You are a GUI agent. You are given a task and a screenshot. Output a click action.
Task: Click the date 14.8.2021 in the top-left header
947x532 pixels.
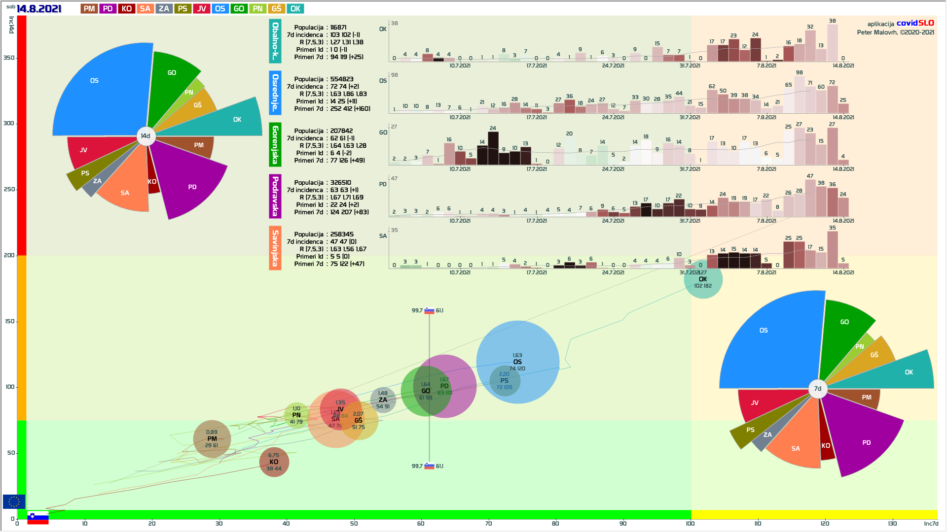pyautogui.click(x=39, y=9)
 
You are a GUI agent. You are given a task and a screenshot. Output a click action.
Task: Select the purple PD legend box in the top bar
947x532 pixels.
pyautogui.click(x=108, y=9)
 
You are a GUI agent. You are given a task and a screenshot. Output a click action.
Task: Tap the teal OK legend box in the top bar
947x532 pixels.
pyautogui.click(x=295, y=9)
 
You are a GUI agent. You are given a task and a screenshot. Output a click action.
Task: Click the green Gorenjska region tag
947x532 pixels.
pyautogui.click(x=275, y=144)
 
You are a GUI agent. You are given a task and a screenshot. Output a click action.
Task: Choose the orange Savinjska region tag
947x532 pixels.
pyautogui.click(x=275, y=248)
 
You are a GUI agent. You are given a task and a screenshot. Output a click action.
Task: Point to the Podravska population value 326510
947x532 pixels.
pyautogui.click(x=341, y=183)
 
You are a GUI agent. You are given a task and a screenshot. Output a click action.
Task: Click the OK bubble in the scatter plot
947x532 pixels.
pyautogui.click(x=703, y=279)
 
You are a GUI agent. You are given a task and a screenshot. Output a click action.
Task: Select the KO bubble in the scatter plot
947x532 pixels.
pyautogui.click(x=274, y=462)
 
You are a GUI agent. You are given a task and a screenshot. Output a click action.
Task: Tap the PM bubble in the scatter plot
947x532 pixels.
pyautogui.click(x=212, y=439)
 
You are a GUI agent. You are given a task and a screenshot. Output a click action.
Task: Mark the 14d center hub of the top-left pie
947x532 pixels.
pyautogui.click(x=146, y=136)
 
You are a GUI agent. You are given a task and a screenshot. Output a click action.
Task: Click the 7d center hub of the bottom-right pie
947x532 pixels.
pyautogui.click(x=818, y=389)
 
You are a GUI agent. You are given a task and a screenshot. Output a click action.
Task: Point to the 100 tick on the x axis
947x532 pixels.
pyautogui.click(x=690, y=523)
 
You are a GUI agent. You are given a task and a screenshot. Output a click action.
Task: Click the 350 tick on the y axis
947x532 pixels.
pyautogui.click(x=9, y=58)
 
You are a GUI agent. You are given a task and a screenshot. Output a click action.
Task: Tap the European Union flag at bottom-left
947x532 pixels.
pyautogui.click(x=14, y=501)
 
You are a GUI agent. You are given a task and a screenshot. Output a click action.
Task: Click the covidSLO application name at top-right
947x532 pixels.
pyautogui.click(x=915, y=23)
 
